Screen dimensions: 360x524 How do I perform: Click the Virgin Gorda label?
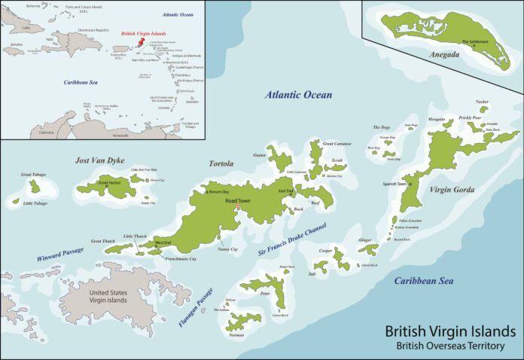pyautogui.click(x=452, y=190)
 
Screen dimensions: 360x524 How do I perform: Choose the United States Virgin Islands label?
pyautogui.click(x=108, y=296)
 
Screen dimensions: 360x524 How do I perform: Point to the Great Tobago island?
pyautogui.click(x=34, y=186)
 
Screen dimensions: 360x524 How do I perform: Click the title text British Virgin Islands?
pyautogui.click(x=450, y=331)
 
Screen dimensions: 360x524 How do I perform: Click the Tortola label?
pyautogui.click(x=221, y=163)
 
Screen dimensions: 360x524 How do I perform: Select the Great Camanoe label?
pyautogui.click(x=337, y=142)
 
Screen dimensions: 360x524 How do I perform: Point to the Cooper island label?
pyautogui.click(x=325, y=250)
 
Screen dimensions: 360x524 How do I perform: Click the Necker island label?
pyautogui.click(x=482, y=101)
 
